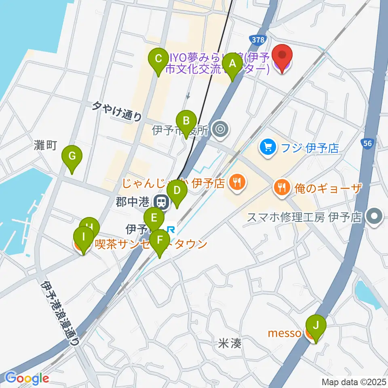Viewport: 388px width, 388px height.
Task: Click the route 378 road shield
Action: coord(257,40)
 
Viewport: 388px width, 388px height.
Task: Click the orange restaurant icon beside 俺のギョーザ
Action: coord(282,187)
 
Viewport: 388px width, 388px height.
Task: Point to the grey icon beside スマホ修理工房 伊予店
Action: coord(375,217)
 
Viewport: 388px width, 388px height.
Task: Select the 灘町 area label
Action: coord(46,145)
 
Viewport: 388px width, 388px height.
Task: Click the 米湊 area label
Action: coord(230,344)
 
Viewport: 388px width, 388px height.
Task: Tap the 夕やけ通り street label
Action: coord(117,112)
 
